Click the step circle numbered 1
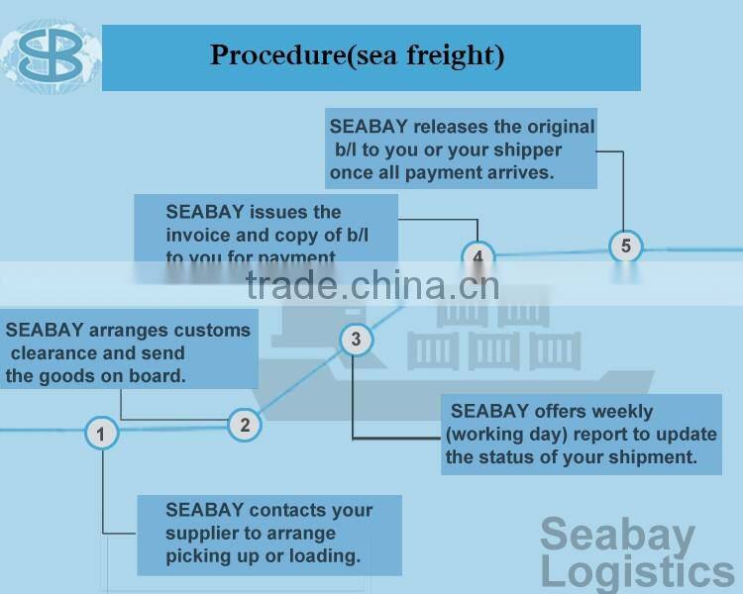101,433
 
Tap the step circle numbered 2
244,425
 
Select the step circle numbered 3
357,341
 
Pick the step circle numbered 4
478,257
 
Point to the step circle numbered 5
625,245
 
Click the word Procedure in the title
276,55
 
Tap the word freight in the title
453,56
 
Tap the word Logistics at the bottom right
637,572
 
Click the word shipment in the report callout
649,457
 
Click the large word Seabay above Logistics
617,535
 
